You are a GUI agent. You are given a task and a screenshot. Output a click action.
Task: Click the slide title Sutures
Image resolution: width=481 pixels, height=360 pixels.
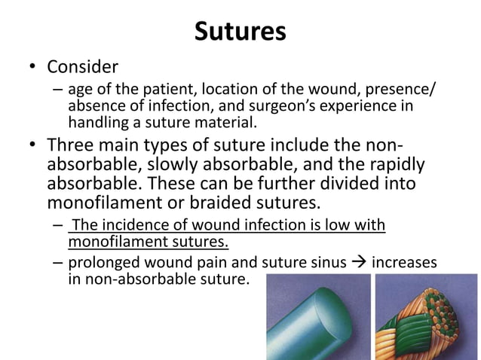[x=240, y=31]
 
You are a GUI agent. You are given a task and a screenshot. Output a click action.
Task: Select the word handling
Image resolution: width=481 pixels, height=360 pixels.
[x=95, y=123]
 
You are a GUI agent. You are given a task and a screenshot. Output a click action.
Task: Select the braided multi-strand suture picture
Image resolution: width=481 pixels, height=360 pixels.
[x=427, y=316]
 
